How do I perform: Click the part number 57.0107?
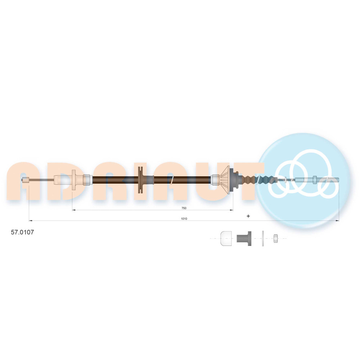pyautogui.click(x=22, y=232)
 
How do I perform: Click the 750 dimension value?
pyautogui.click(x=184, y=208)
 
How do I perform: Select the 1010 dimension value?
pyautogui.click(x=184, y=219)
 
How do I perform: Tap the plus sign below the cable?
pyautogui.click(x=248, y=216)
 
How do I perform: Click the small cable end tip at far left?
pyautogui.click(x=26, y=180)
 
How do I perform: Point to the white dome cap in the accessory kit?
pyautogui.click(x=226, y=239)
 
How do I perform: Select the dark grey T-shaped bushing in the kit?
pyautogui.click(x=244, y=239)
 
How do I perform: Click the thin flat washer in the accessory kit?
pyautogui.click(x=263, y=239)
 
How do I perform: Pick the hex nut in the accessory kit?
pyautogui.click(x=275, y=239)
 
